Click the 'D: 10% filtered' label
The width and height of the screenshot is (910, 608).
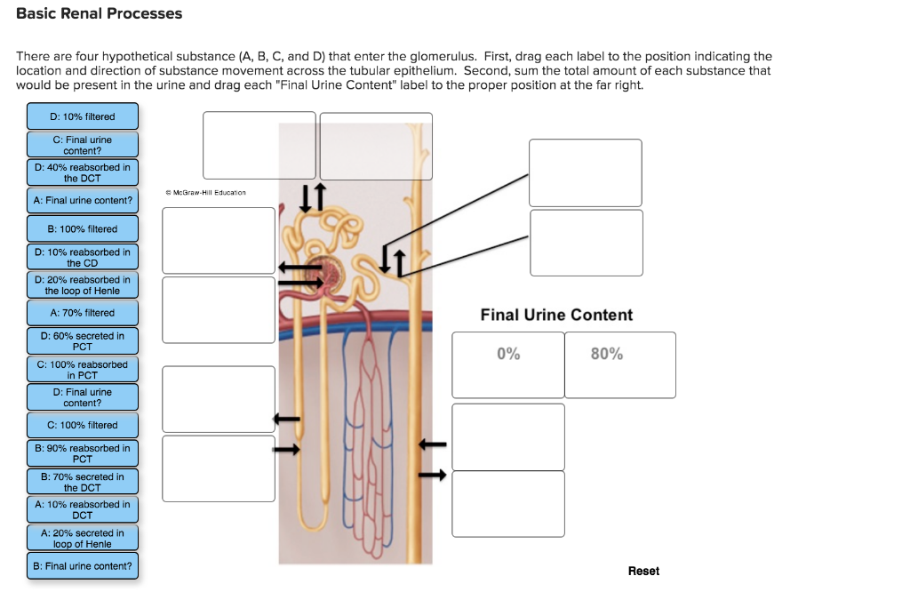pyautogui.click(x=83, y=116)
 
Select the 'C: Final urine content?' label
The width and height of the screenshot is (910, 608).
pyautogui.click(x=83, y=145)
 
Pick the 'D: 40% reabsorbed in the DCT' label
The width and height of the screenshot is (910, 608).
pyautogui.click(x=83, y=172)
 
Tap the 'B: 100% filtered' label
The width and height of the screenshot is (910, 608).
pyautogui.click(x=83, y=228)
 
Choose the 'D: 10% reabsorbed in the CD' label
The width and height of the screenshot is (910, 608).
pyautogui.click(x=83, y=257)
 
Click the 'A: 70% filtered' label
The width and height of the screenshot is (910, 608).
pyautogui.click(x=83, y=312)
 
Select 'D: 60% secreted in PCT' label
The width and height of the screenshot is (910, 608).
pyautogui.click(x=83, y=340)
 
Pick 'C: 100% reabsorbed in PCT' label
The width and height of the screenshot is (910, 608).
pyautogui.click(x=83, y=369)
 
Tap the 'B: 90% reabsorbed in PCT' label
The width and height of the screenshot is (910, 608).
pyautogui.click(x=83, y=453)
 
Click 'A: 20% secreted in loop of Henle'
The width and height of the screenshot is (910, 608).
pyautogui.click(x=83, y=538)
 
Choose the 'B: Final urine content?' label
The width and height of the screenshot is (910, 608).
pyautogui.click(x=83, y=565)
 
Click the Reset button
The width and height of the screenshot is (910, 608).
pyautogui.click(x=643, y=571)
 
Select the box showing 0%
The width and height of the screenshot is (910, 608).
pyautogui.click(x=508, y=364)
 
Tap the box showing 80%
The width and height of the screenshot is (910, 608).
pyautogui.click(x=619, y=364)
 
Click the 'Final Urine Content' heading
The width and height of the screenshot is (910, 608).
pyautogui.click(x=556, y=315)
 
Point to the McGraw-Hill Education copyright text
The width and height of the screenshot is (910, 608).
pyautogui.click(x=205, y=192)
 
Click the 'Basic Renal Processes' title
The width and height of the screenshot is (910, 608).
pyautogui.click(x=99, y=13)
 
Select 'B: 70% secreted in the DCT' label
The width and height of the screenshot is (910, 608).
pyautogui.click(x=83, y=482)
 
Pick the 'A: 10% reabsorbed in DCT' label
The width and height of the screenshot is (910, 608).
pyautogui.click(x=83, y=509)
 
